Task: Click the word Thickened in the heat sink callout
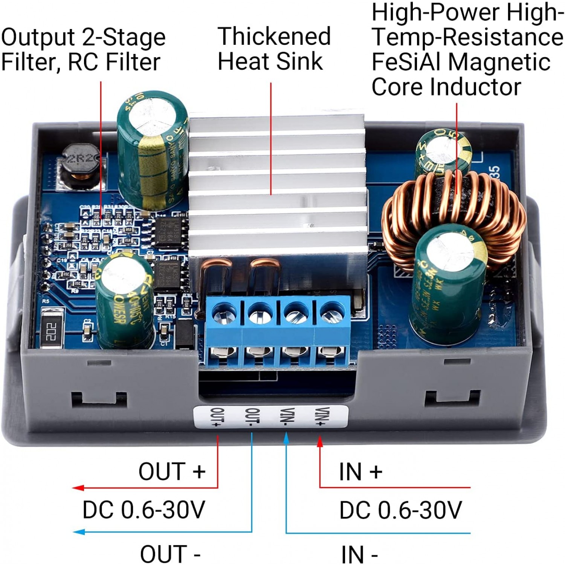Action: pyautogui.click(x=274, y=37)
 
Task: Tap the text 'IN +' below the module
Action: pyautogui.click(x=360, y=472)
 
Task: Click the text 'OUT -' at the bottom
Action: pyautogui.click(x=170, y=554)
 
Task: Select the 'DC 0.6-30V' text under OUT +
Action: pyautogui.click(x=144, y=510)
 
